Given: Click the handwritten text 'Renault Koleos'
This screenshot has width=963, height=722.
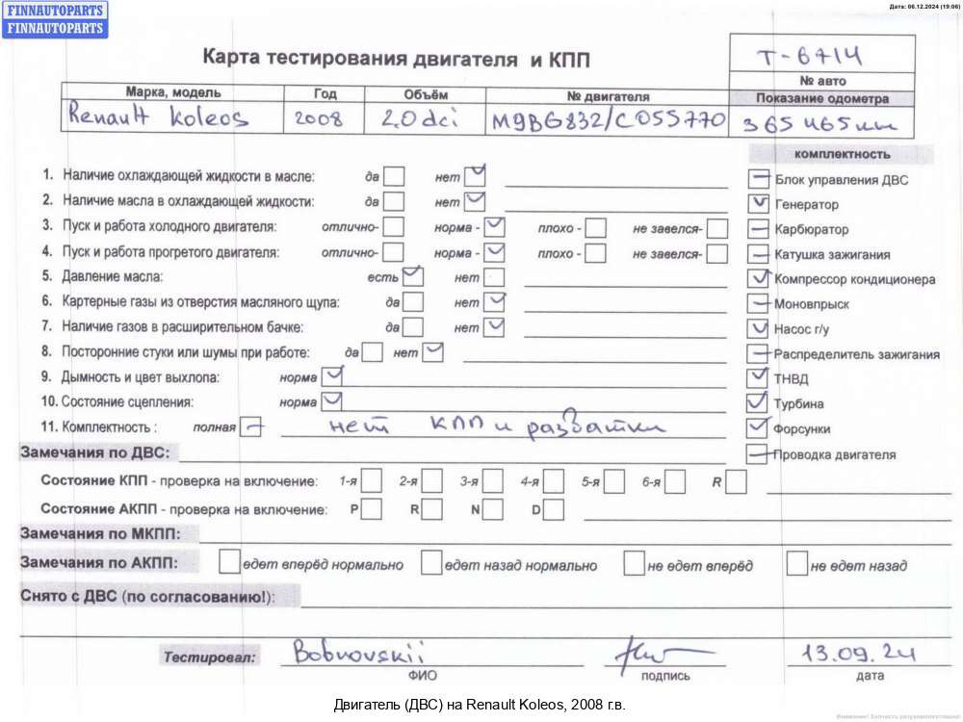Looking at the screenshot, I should tap(158, 118).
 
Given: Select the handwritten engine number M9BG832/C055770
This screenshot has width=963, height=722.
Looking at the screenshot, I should tap(607, 122).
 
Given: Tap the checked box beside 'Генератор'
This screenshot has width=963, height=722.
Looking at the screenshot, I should tap(759, 204).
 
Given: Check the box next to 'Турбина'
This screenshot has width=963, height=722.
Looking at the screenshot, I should tap(759, 402).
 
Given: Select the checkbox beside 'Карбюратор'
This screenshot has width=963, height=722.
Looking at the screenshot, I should tap(759, 230).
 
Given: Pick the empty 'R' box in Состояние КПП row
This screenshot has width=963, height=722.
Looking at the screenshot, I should tap(737, 480).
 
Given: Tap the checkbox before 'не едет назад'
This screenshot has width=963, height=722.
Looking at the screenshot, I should tap(796, 562).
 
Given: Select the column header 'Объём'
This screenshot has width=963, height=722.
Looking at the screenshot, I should tap(426, 94).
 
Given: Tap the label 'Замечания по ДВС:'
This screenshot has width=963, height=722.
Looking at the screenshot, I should tap(94, 451).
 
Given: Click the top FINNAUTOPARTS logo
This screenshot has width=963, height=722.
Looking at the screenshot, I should tap(54, 10).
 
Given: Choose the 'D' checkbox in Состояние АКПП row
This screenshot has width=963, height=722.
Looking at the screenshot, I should tap(554, 509).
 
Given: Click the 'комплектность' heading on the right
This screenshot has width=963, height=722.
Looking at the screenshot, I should tap(842, 154).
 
